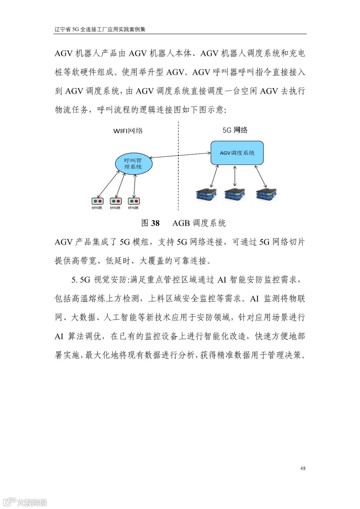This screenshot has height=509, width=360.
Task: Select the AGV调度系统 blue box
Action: click(237, 153)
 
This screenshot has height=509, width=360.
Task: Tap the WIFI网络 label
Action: click(128, 131)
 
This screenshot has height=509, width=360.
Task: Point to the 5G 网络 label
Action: click(235, 130)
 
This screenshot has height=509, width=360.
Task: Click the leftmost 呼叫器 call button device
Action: click(97, 201)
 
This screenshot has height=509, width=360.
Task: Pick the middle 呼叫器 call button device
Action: click(116, 201)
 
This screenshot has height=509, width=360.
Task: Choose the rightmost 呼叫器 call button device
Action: click(134, 201)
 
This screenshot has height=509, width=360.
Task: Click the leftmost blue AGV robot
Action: click(206, 194)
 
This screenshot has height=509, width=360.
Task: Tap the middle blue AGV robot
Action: click(235, 194)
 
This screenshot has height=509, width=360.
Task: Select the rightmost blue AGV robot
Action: click(266, 194)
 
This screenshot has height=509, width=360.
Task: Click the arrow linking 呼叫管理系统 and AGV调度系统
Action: click(180, 155)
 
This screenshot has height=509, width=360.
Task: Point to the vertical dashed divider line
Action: click(178, 187)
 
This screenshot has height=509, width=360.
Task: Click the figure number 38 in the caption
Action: click(155, 223)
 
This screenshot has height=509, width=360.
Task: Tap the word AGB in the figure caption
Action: click(181, 223)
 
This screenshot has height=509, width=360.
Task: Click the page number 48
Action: click(303, 468)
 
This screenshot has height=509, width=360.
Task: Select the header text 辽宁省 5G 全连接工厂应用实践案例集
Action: click(100, 29)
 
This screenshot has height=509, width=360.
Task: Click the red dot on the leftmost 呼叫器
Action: click(100, 201)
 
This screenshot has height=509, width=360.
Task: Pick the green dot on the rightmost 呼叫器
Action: click(131, 201)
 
